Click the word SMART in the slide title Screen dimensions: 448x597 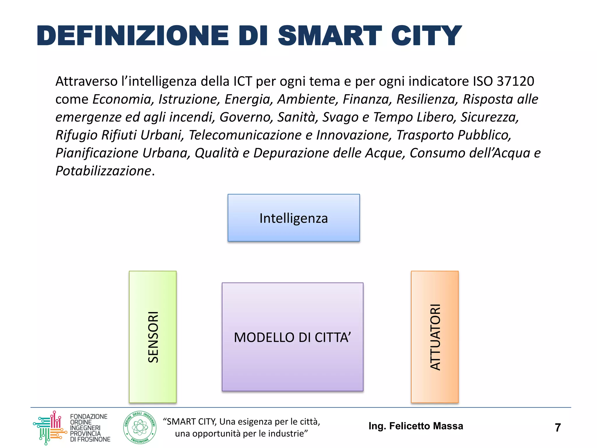(330, 36)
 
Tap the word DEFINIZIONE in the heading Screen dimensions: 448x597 (133, 36)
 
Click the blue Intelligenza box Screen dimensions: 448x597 (294, 218)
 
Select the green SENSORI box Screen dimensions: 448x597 (153, 337)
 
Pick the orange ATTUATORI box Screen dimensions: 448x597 (435, 337)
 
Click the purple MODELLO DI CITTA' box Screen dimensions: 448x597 (292, 337)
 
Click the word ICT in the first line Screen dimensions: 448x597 (243, 81)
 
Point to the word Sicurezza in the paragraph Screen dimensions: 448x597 (489, 117)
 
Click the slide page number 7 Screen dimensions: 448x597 (558, 428)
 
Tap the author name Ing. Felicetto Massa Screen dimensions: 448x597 (416, 426)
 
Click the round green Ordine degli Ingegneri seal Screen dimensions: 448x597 (140, 428)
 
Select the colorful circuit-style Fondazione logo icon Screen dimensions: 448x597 (50, 428)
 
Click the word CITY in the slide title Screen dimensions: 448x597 (426, 36)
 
